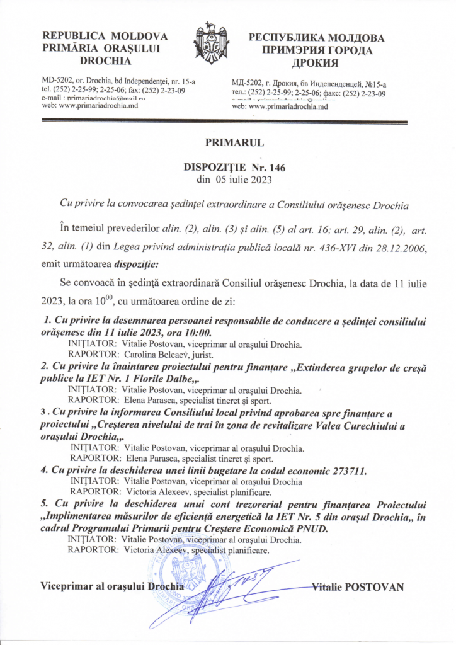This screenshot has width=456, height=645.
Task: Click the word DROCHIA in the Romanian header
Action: [x=106, y=61]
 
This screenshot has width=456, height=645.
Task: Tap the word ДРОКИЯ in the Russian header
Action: [x=316, y=63]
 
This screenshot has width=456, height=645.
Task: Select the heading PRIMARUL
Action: [x=227, y=144]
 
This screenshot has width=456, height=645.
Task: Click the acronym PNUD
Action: [x=312, y=529]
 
